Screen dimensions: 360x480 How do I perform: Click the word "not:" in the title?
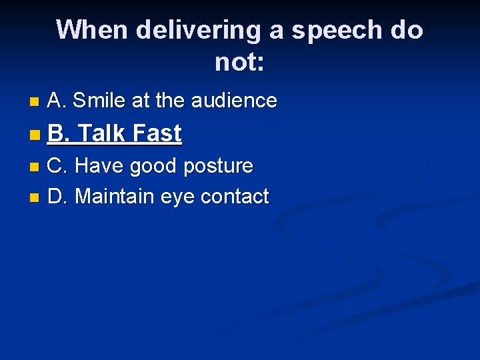pos(239,63)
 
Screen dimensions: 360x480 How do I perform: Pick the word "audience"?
pos(234,101)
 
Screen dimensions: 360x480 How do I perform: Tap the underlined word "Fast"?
pos(157,133)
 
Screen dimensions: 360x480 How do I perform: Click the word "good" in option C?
pos(153,165)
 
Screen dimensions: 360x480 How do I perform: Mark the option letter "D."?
pos(58,197)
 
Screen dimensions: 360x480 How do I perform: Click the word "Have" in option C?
pos(100,165)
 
